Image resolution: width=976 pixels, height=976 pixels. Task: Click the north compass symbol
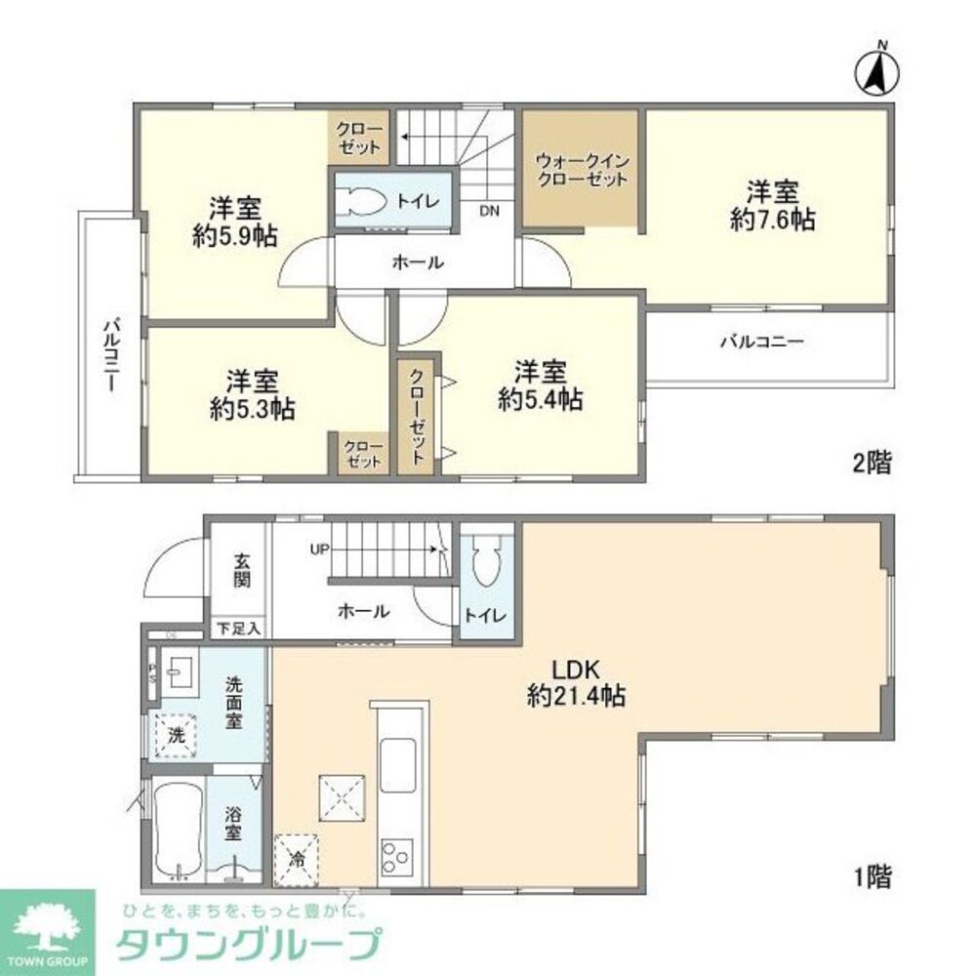875,71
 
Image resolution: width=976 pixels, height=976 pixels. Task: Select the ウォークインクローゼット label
582,171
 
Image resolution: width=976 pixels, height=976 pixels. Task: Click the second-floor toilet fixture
363,201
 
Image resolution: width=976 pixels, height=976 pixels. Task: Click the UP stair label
319,549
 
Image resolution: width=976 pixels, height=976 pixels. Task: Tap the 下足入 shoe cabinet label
238,629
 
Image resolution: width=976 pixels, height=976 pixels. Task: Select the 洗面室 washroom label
235,703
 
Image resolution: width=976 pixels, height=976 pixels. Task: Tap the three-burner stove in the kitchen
397,856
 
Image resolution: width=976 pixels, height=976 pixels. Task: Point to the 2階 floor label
872,463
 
